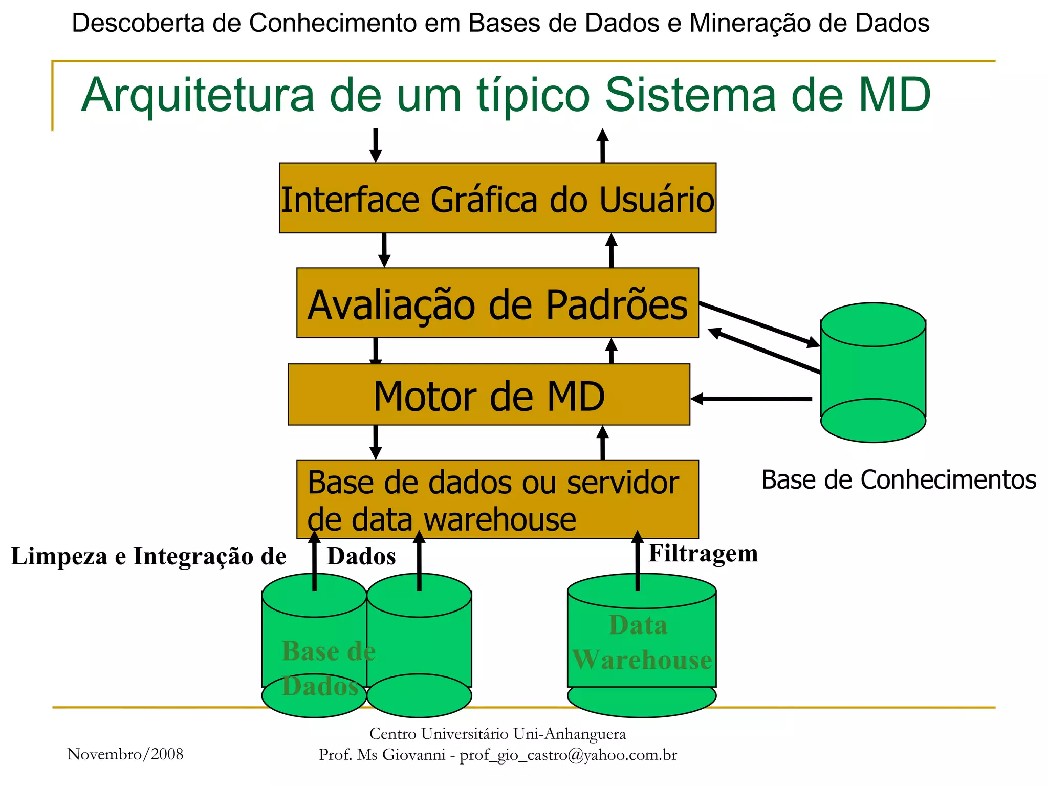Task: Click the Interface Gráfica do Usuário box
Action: coord(497,199)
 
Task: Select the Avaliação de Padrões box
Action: coord(497,303)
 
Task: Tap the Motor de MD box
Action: coord(489,395)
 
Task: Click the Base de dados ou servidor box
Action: coord(497,499)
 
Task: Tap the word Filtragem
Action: coord(703,554)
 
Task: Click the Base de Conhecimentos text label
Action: coord(899,480)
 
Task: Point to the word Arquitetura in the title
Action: coord(198,95)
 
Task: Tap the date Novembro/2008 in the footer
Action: coord(125,754)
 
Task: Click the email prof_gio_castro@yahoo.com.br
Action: coord(568,755)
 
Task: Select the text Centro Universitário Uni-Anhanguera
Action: coord(497,734)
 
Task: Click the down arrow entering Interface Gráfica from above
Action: coord(376,145)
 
